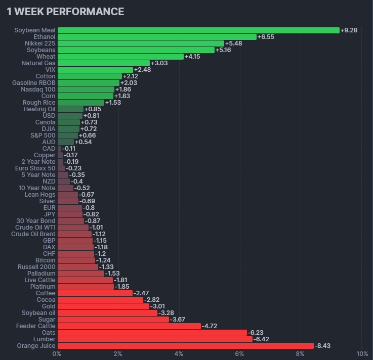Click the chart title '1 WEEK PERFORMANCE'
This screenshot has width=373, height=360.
[x=65, y=11]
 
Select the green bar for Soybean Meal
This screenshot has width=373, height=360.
[x=198, y=30]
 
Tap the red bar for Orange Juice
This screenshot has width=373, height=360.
[x=185, y=346]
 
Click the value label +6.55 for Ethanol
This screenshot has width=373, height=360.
[x=266, y=37]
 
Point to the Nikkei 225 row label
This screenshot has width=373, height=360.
[x=40, y=43]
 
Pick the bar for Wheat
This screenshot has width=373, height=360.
[x=120, y=57]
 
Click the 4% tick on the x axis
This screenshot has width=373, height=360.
[x=179, y=353]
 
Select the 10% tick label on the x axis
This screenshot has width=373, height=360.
[x=362, y=353]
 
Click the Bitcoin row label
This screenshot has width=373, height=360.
[x=46, y=260]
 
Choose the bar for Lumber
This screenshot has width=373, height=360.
[x=155, y=339]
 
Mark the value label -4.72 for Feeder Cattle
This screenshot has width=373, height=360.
[x=209, y=326]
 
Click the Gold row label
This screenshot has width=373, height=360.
[x=49, y=306]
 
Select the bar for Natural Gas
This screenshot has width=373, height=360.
[x=104, y=63]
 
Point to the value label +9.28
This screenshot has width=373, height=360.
[x=349, y=30]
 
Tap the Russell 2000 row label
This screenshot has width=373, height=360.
[x=36, y=267]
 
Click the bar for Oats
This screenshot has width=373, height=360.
[x=152, y=333]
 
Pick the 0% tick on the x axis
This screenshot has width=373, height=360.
[x=57, y=353]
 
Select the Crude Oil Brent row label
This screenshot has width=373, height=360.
[x=33, y=234]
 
